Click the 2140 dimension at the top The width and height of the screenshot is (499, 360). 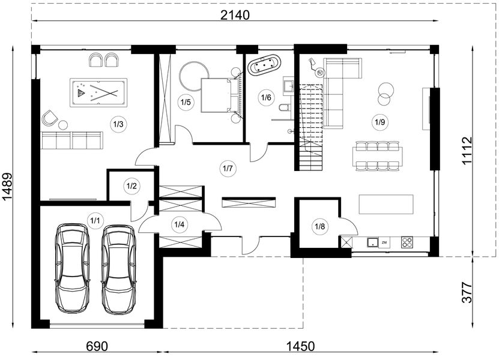point(235,14)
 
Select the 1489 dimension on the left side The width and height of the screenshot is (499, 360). point(7,187)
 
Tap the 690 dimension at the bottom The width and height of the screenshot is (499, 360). point(97,346)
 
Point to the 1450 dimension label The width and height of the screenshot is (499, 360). point(301,346)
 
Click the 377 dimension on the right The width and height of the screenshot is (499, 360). point(467,292)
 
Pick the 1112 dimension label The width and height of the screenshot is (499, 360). point(467,151)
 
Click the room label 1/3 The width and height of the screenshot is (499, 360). point(118,124)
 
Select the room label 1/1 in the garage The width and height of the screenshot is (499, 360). point(95,220)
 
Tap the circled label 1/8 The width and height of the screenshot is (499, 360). point(320,226)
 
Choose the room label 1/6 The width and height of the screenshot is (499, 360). point(266,97)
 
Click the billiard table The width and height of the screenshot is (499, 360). point(98,92)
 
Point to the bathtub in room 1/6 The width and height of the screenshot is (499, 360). point(264,65)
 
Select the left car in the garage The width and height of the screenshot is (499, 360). point(72,268)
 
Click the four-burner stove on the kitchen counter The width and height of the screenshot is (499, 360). point(407,242)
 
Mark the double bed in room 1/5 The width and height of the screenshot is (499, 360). point(220,95)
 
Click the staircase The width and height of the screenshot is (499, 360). point(311,127)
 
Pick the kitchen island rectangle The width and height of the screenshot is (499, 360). point(386,204)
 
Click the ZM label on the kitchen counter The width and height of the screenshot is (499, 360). point(384,242)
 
